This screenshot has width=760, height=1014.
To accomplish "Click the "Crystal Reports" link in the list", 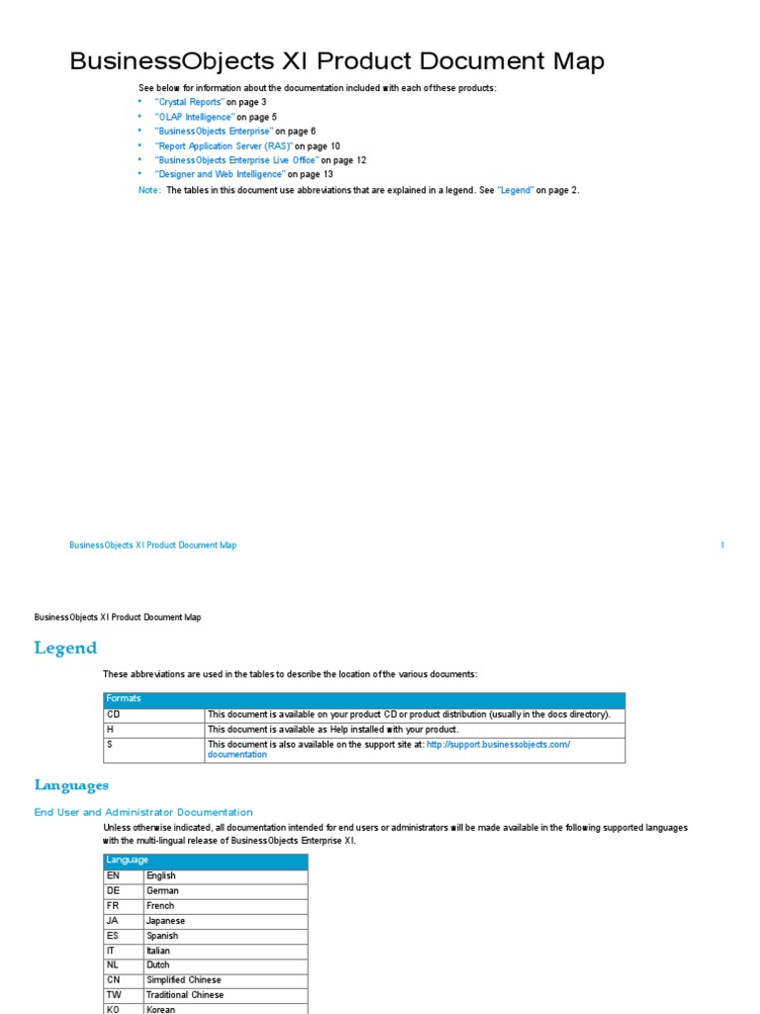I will (189, 102).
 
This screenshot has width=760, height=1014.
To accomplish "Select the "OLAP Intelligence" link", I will (194, 117).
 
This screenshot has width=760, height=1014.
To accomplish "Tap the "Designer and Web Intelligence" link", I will (220, 174).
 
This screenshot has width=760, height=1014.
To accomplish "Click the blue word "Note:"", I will (149, 190).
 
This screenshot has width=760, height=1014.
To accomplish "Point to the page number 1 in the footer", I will (722, 546).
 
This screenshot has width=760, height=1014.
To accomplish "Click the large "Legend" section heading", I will (65, 649).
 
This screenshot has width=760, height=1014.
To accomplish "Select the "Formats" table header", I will (124, 699).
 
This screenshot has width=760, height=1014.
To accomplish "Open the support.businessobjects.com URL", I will (498, 744).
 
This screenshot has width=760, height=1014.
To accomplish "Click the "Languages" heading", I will (71, 785).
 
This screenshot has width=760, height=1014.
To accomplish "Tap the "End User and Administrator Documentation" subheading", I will (143, 812).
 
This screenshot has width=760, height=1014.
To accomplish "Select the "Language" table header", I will (128, 861).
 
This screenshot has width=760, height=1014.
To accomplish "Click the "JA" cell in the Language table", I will (113, 921).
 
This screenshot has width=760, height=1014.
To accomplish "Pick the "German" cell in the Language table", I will (162, 890).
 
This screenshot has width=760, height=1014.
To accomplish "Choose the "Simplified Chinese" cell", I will (183, 980).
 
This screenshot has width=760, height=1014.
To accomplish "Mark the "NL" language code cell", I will (113, 965).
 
